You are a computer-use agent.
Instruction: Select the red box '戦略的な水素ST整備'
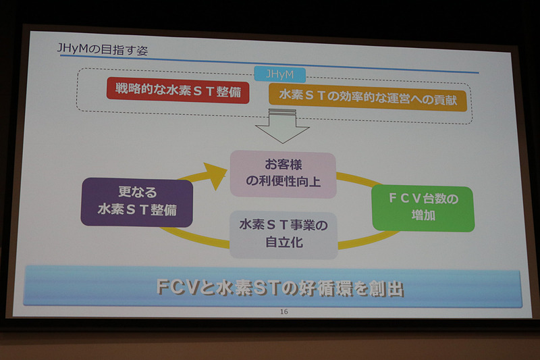(178, 91)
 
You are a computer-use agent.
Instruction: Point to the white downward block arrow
(281, 128)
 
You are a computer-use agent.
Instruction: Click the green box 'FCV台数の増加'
(423, 209)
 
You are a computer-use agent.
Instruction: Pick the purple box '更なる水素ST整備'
(137, 202)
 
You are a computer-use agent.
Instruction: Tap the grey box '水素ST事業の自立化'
(283, 233)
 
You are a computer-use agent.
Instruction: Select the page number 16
(284, 311)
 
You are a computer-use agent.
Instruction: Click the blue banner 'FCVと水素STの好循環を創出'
(273, 287)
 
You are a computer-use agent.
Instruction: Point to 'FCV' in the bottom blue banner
(177, 287)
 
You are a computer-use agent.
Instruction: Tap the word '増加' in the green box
(423, 218)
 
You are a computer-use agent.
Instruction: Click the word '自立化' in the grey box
(283, 242)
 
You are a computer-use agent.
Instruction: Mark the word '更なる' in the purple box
(138, 192)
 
